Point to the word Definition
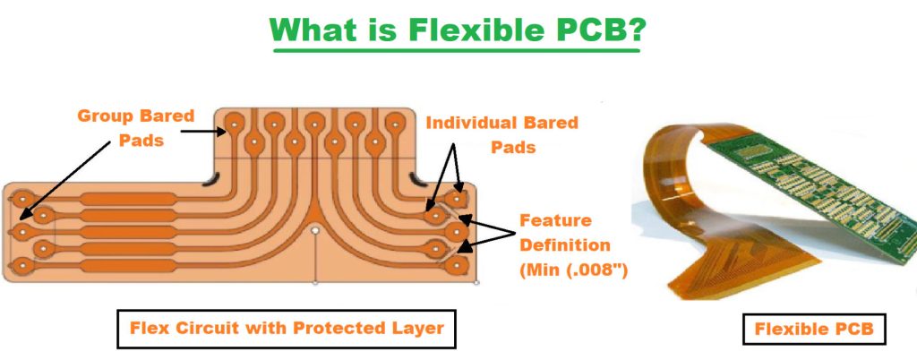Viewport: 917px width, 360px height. pos(565,244)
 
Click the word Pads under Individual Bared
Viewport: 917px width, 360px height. pos(511,147)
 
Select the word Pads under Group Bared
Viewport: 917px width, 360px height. pos(142,141)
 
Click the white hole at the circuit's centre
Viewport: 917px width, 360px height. pos(315,230)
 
